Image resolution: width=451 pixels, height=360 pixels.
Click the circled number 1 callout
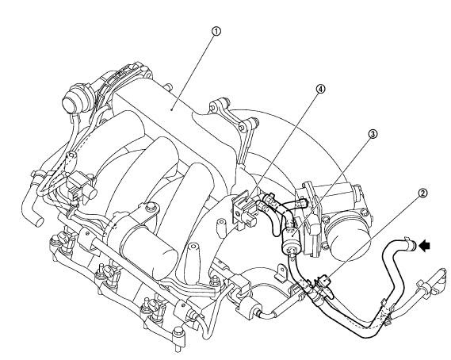pos(216,31)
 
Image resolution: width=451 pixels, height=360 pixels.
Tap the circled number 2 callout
pos(422,193)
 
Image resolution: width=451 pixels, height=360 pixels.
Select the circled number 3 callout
pos(373,134)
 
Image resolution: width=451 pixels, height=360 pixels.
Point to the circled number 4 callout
pos(320,89)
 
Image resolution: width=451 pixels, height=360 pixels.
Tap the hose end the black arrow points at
pos(412,245)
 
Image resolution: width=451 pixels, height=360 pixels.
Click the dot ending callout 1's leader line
pos(171,109)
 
